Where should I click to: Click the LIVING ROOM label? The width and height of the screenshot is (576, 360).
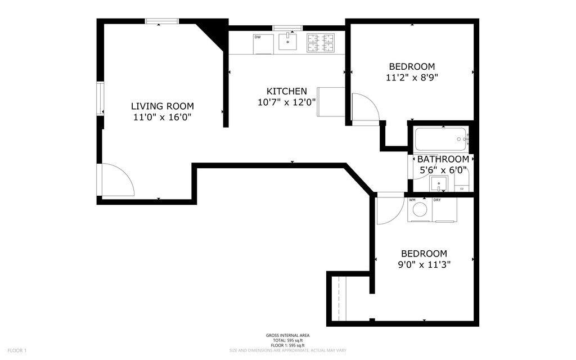[162, 106]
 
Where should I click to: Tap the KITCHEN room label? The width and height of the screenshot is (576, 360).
[286, 91]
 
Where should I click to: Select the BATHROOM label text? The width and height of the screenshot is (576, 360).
[443, 159]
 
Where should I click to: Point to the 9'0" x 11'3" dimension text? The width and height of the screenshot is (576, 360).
[424, 264]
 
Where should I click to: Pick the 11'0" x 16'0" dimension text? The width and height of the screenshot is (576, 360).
[162, 118]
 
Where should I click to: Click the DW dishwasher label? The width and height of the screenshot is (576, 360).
[258, 37]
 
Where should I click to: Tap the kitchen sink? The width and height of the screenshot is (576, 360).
[287, 41]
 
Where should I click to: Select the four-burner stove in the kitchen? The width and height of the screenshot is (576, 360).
[320, 42]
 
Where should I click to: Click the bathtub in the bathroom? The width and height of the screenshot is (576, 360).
[441, 138]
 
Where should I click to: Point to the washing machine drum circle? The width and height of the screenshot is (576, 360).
[420, 210]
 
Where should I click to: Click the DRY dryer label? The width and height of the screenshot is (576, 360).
[437, 200]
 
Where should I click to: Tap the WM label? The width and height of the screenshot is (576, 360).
[412, 200]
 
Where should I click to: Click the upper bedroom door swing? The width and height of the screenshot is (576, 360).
[364, 108]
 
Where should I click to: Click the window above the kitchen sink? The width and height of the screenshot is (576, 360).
[287, 28]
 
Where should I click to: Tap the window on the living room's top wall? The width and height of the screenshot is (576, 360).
[162, 21]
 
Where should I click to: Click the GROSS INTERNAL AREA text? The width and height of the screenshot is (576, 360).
[287, 335]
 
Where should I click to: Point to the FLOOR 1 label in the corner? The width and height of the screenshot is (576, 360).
[16, 350]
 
